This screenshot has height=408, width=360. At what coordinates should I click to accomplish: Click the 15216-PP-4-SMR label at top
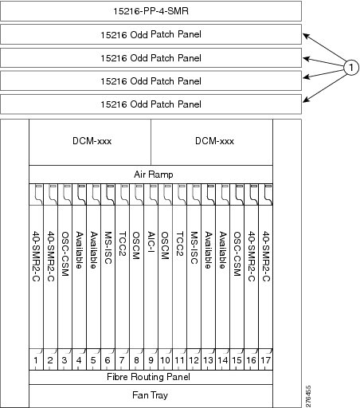(151, 11)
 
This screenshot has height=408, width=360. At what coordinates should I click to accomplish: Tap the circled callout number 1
(351, 68)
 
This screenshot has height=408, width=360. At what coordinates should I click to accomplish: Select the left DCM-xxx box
(90, 142)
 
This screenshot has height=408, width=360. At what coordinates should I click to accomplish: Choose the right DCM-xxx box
(212, 142)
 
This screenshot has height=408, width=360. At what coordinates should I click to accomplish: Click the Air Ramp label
(154, 175)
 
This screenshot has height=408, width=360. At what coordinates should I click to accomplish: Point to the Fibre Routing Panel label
(148, 377)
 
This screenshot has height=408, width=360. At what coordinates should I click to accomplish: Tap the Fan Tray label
(150, 395)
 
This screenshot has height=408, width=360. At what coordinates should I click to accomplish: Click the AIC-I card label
(151, 243)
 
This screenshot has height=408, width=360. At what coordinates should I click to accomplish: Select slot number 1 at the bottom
(36, 360)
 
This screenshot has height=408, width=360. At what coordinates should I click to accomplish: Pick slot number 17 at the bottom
(265, 360)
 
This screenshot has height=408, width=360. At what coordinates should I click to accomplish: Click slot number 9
(151, 360)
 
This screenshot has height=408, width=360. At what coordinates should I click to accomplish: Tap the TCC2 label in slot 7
(123, 244)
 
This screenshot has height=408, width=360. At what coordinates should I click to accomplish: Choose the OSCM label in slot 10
(165, 245)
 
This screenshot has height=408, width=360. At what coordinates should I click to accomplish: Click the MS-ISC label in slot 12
(194, 248)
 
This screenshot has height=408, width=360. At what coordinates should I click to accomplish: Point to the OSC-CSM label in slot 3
(65, 253)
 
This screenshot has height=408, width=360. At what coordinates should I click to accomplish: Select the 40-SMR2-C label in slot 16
(252, 256)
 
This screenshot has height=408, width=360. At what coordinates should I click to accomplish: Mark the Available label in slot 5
(94, 250)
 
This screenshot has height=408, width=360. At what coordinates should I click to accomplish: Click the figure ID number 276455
(308, 396)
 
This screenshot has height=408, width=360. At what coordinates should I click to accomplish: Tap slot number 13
(208, 360)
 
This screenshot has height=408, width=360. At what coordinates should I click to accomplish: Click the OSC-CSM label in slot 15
(237, 253)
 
